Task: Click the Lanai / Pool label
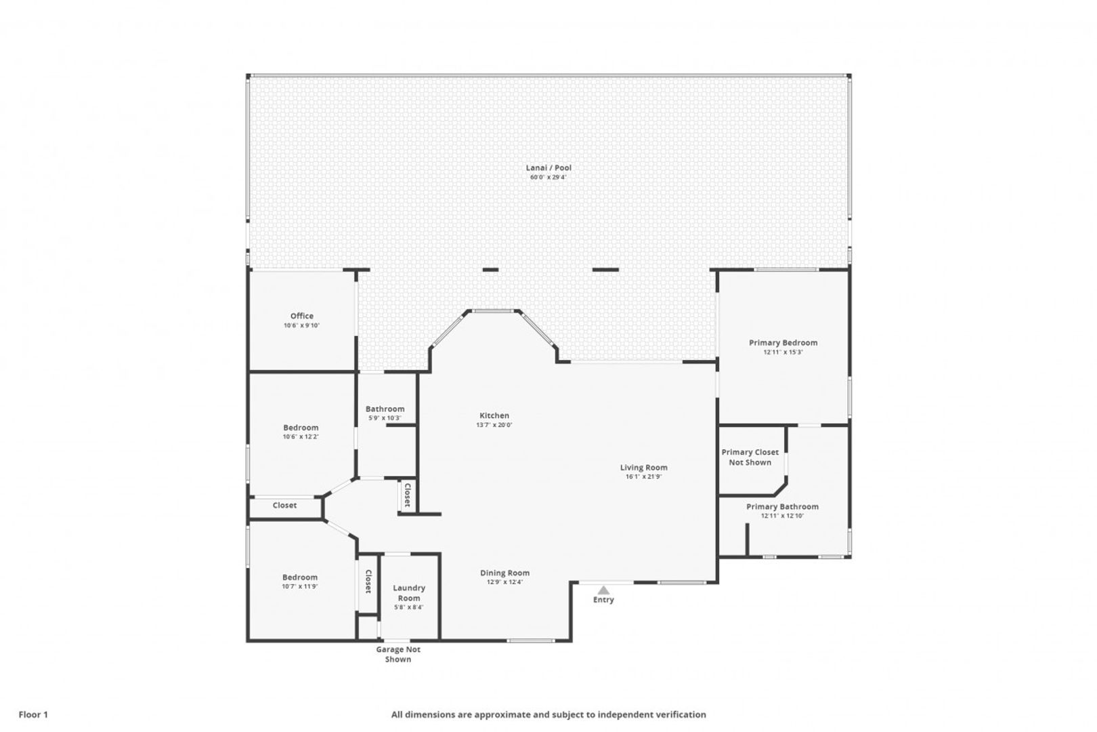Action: point(548,167)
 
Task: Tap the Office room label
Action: point(302,316)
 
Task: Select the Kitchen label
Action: point(494,415)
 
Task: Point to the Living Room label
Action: point(643,467)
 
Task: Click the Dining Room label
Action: point(504,573)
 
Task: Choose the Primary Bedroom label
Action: point(783,343)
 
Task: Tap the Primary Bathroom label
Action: point(782,506)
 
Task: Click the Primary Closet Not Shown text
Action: point(750,457)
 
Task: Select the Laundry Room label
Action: point(409,593)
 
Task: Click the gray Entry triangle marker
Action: point(603,590)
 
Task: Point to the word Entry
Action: point(603,600)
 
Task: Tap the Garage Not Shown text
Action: point(397,654)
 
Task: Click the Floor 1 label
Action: point(33,714)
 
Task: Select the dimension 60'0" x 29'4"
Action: point(548,177)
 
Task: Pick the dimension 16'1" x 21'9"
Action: point(643,476)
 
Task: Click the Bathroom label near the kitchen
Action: point(385,409)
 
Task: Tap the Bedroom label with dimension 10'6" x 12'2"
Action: point(301,428)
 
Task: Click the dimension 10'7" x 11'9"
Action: point(300,586)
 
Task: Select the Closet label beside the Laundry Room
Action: point(368,582)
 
